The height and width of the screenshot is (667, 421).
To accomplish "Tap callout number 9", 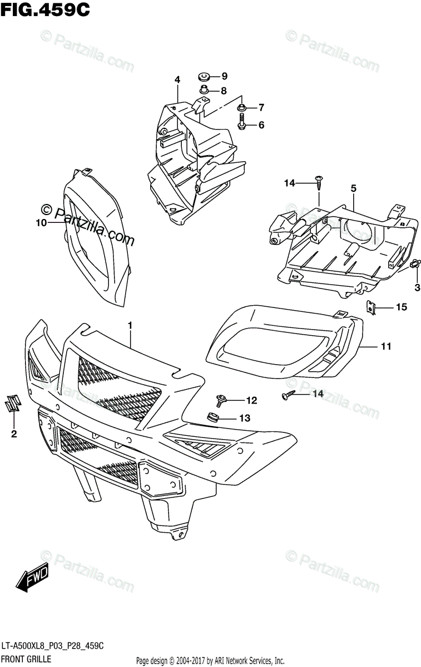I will [x=225, y=76].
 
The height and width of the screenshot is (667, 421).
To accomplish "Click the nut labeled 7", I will [x=243, y=106].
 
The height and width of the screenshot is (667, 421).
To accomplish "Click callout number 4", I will [x=177, y=80].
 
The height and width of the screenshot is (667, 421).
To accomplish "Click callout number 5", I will [x=353, y=188].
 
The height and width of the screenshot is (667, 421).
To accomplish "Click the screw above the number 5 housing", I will [x=319, y=181].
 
